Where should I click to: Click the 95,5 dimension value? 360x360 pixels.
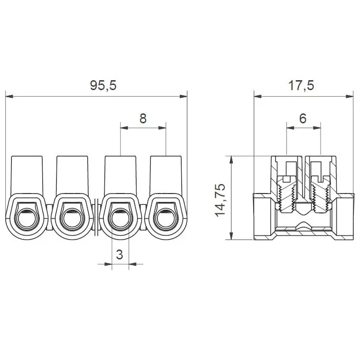tap(103, 85)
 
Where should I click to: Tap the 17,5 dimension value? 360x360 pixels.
tap(301, 85)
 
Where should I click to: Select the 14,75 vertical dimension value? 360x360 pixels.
tap(221, 200)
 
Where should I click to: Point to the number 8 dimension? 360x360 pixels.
tap(143, 119)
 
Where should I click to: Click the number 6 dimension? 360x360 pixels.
tap(303, 119)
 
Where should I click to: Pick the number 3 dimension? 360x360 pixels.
tap(120, 254)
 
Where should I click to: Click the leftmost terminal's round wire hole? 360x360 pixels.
tap(27, 220)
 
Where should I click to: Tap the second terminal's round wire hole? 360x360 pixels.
tap(72, 220)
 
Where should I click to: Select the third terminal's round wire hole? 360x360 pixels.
tap(120, 220)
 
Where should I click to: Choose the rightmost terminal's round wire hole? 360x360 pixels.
tap(166, 220)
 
